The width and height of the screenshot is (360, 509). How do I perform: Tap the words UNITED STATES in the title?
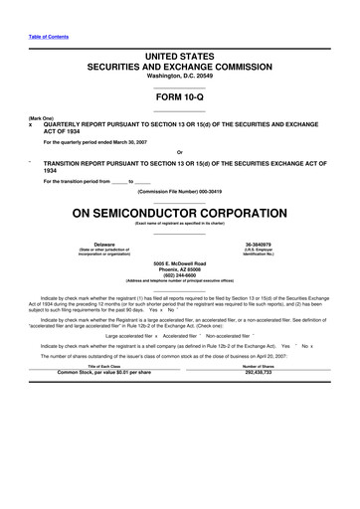pos(180,63)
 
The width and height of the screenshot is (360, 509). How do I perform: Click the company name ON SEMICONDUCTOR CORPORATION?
pos(179,212)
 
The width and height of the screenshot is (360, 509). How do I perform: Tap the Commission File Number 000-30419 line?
pos(179,191)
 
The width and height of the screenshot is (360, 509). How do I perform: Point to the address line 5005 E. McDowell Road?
pos(179,262)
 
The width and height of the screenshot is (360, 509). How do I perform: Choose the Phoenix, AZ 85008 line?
pos(179,268)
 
